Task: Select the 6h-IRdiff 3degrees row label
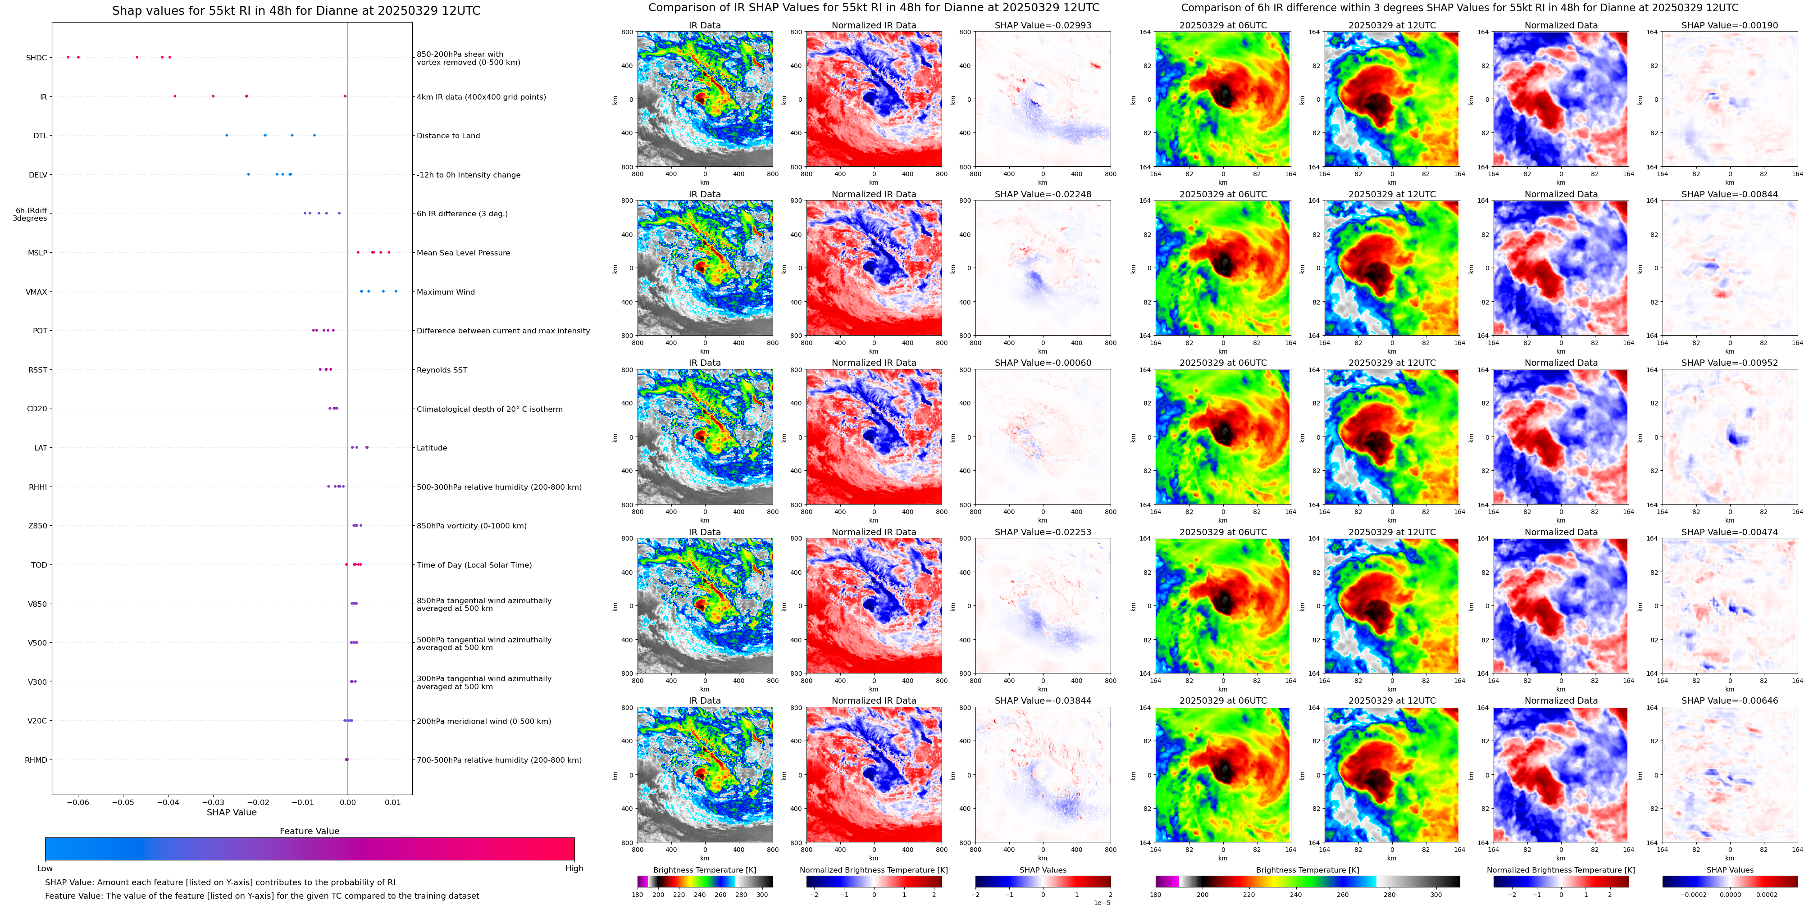(30, 214)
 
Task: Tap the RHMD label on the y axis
(36, 759)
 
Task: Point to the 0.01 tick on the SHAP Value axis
(392, 802)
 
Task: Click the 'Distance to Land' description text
(448, 136)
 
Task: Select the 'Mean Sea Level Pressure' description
(463, 253)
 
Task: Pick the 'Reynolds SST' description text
(441, 370)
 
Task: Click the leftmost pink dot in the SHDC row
(68, 57)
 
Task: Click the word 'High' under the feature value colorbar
(574, 869)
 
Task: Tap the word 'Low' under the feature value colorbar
(45, 869)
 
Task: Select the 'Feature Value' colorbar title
(309, 831)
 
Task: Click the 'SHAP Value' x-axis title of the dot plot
(231, 812)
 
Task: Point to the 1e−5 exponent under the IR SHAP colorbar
(1101, 902)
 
